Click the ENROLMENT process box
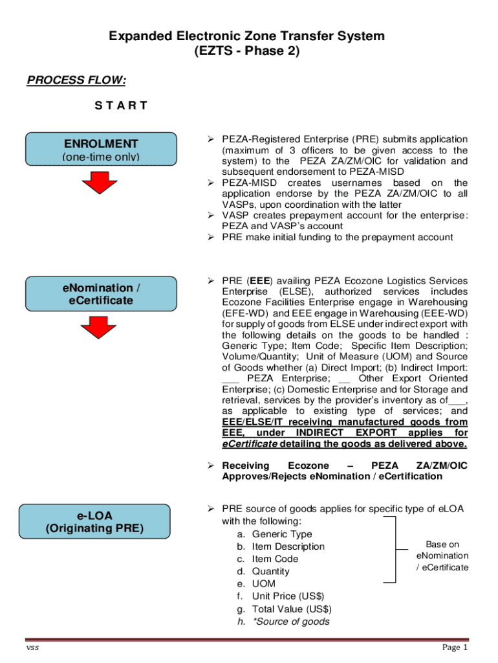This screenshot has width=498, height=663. tap(102, 150)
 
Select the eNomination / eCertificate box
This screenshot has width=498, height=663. tap(102, 294)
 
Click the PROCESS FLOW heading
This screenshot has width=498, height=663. tap(76, 80)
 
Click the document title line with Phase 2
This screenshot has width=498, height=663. tap(247, 52)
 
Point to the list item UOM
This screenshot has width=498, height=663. tap(263, 584)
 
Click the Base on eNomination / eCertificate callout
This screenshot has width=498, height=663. tap(442, 556)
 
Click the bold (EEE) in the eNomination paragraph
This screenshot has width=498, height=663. tap(259, 281)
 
